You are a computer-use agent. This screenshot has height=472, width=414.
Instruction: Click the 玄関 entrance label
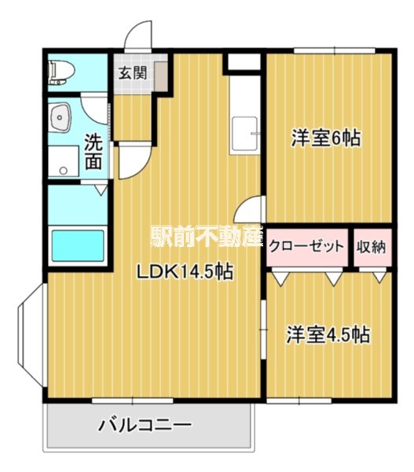tap(133, 74)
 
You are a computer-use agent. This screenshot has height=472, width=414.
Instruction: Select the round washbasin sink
tap(60, 120)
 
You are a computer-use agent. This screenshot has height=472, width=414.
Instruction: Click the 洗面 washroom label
tap(93, 152)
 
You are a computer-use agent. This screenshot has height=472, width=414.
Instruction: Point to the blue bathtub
tap(76, 245)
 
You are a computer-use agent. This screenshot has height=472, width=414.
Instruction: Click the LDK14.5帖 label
tap(185, 272)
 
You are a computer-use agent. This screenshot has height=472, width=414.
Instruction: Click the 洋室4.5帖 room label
tap(328, 334)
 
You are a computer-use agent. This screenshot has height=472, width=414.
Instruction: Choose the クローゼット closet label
tap(307, 246)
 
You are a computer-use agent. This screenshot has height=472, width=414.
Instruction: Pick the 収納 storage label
tap(372, 246)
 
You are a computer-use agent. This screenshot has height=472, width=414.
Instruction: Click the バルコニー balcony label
tap(145, 426)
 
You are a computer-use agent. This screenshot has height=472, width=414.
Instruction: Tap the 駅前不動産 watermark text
tap(206, 235)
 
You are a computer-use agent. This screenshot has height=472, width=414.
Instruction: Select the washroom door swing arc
tap(130, 160)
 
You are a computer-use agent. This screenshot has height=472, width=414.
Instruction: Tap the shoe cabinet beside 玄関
tap(159, 76)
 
